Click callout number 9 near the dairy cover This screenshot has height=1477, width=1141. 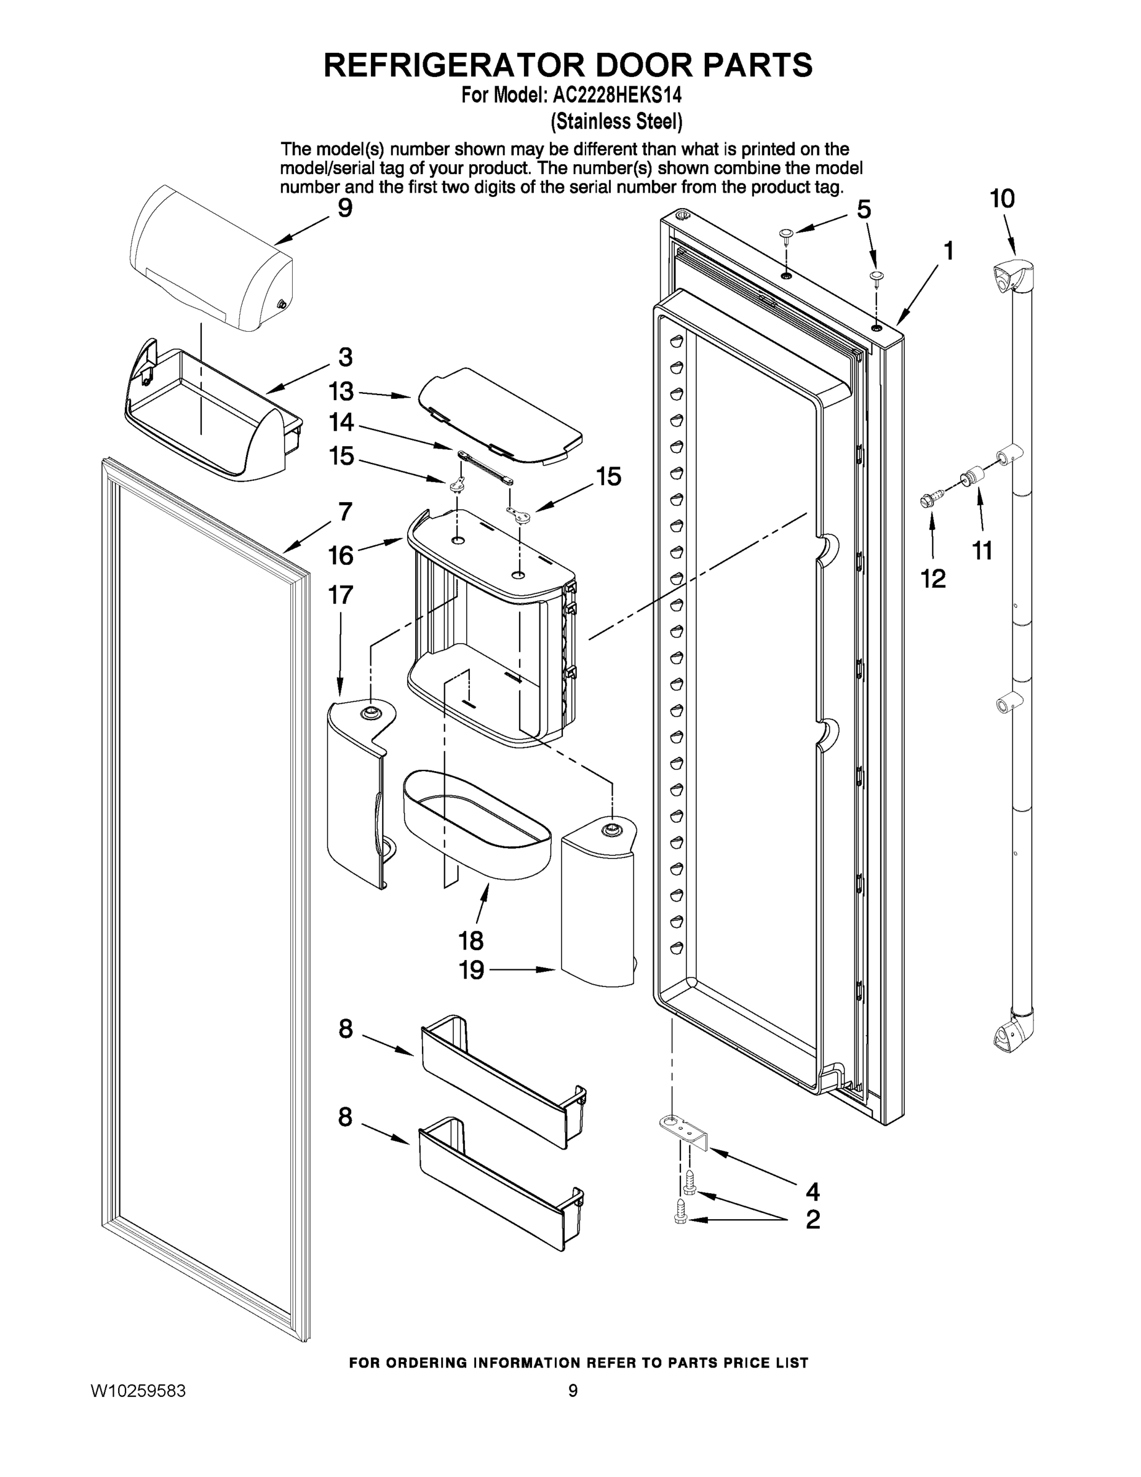344,207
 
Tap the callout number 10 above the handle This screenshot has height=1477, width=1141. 1003,199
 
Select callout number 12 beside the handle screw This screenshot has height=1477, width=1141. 934,578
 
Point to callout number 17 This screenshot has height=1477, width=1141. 340,595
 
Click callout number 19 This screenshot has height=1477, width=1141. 472,971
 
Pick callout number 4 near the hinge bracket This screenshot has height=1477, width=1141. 813,1190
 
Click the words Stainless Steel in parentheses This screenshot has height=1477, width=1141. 616,122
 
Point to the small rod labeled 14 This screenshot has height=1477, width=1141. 485,468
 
